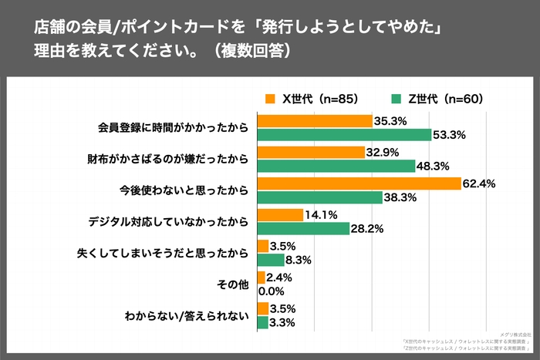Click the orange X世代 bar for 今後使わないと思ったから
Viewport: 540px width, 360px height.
358,183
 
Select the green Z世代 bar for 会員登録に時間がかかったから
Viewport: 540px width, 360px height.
343,135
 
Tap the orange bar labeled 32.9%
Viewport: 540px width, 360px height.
310,152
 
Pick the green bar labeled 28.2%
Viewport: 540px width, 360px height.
302,228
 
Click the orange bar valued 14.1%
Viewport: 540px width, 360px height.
280,215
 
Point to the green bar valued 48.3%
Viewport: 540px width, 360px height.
336,167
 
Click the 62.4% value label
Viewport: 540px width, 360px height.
478,183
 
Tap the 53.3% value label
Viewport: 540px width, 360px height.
449,135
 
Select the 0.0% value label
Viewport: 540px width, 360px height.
272,291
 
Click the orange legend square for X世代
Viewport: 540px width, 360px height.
269,99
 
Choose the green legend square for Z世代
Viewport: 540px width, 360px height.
397,99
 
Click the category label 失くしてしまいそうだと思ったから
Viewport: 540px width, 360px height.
163,253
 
